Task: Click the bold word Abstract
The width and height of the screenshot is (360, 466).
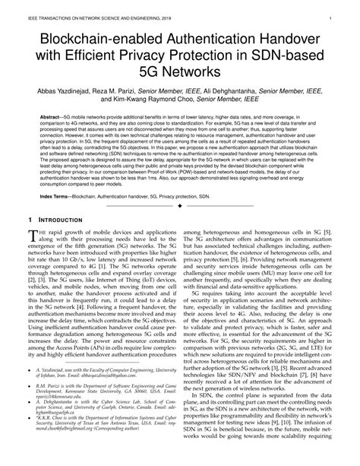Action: (x=53, y=118)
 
